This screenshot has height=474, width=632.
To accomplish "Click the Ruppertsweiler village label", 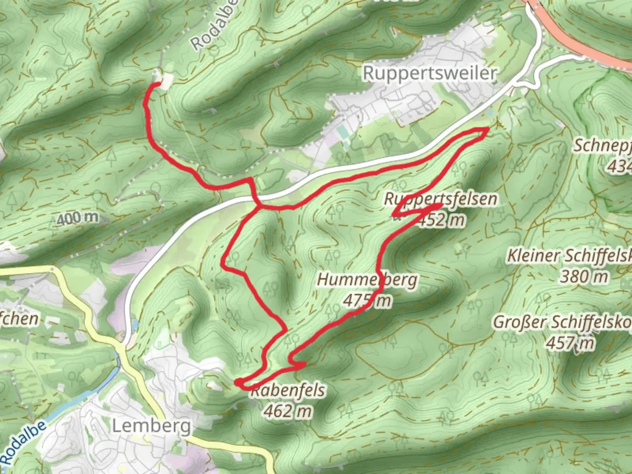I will (x=430, y=73).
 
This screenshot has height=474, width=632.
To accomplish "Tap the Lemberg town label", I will (x=151, y=426).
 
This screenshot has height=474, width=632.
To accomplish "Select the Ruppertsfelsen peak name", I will (x=441, y=198).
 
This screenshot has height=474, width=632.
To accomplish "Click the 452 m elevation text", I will (x=441, y=219).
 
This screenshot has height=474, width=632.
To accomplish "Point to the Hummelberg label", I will (x=367, y=280).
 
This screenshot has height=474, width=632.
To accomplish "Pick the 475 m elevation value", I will (x=367, y=301).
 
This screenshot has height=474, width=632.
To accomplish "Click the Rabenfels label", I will (x=288, y=390).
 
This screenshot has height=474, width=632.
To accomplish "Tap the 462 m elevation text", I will (x=288, y=411).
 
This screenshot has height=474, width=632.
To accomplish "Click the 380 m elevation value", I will (x=584, y=276).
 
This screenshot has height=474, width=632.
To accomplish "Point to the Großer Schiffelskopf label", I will (x=562, y=322).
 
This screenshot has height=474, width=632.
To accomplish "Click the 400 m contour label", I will (x=78, y=218).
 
